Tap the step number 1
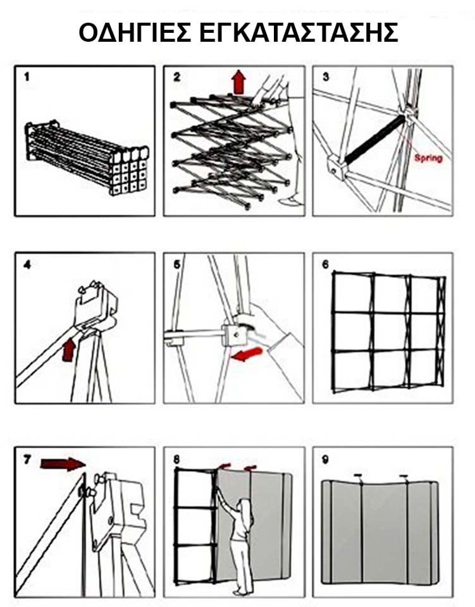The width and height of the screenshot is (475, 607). click(x=27, y=77)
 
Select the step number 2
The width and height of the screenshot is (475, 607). click(x=176, y=77)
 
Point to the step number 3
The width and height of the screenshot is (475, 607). click(x=326, y=77)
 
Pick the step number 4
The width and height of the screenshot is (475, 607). click(x=27, y=264)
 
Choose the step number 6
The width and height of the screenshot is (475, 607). click(x=326, y=264)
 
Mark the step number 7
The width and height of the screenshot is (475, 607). click(x=27, y=459)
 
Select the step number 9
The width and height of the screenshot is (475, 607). click(x=326, y=459)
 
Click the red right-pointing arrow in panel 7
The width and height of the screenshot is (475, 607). click(x=63, y=464)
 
